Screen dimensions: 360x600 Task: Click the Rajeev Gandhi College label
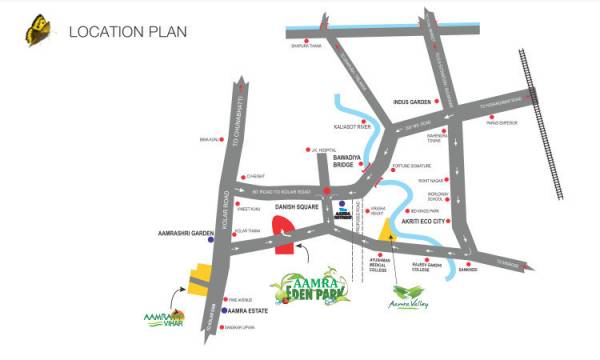(411, 266)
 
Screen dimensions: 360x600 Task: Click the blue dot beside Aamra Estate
(225, 311)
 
